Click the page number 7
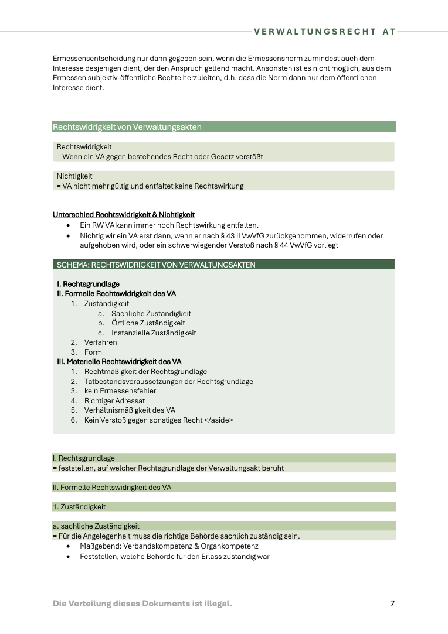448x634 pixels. (x=392, y=604)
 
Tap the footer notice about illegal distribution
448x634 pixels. (x=142, y=604)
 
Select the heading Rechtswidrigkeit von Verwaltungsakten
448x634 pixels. (x=127, y=126)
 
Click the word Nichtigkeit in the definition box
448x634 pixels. (x=74, y=176)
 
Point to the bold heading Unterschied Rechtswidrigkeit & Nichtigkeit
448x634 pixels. (x=124, y=215)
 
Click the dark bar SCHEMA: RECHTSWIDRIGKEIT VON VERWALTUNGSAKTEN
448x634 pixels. (x=156, y=265)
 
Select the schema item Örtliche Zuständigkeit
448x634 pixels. (x=148, y=323)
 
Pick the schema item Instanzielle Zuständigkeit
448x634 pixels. (x=154, y=333)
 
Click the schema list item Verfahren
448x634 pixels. (x=100, y=342)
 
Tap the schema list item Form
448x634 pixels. (x=93, y=352)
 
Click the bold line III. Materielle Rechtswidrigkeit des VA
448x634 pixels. (x=119, y=362)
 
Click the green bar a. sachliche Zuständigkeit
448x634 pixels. (x=96, y=526)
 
